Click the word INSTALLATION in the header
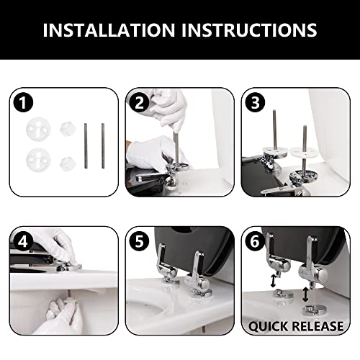click(x=109, y=30)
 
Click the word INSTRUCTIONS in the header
click(x=249, y=30)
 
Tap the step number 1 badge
click(x=23, y=102)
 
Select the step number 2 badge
click(x=139, y=102)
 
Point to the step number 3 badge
click(x=255, y=102)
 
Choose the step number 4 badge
click(x=23, y=241)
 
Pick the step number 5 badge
click(x=139, y=241)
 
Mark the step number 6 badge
click(x=255, y=241)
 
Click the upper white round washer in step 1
click(x=38, y=130)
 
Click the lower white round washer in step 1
click(x=38, y=160)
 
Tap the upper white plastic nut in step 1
click(x=68, y=130)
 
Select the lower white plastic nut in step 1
click(x=68, y=164)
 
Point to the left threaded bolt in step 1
click(x=86, y=145)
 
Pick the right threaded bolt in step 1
click(x=103, y=145)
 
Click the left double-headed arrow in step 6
click(x=273, y=281)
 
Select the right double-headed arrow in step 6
click(x=305, y=294)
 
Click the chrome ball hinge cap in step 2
click(x=172, y=184)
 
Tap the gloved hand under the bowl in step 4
click(x=61, y=315)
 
